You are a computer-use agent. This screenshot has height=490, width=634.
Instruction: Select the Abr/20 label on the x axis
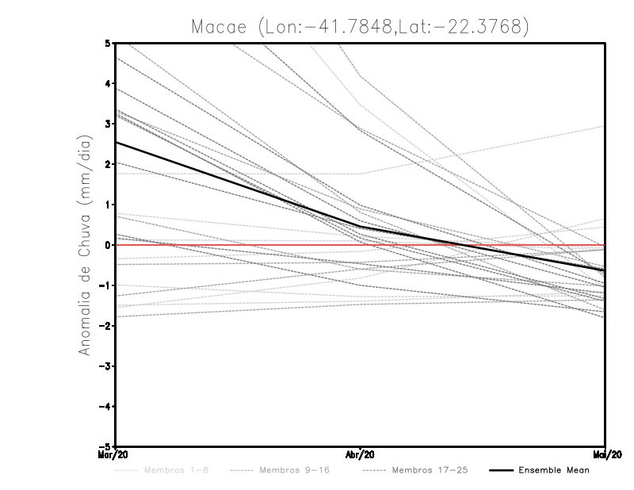point(361,455)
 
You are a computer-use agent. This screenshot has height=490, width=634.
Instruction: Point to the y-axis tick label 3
point(108,124)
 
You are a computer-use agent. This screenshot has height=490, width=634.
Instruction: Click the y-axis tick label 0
point(108,245)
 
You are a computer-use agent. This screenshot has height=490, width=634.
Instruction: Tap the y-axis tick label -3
point(105,366)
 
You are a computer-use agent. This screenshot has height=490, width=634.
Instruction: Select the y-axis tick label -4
point(105,407)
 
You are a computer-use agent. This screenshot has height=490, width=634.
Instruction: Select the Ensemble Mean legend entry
point(553,470)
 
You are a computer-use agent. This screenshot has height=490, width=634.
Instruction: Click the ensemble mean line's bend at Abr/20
point(361,227)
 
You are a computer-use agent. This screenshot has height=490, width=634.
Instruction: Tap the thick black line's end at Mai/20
point(604,270)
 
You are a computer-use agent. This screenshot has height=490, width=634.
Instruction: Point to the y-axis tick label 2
point(108,164)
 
